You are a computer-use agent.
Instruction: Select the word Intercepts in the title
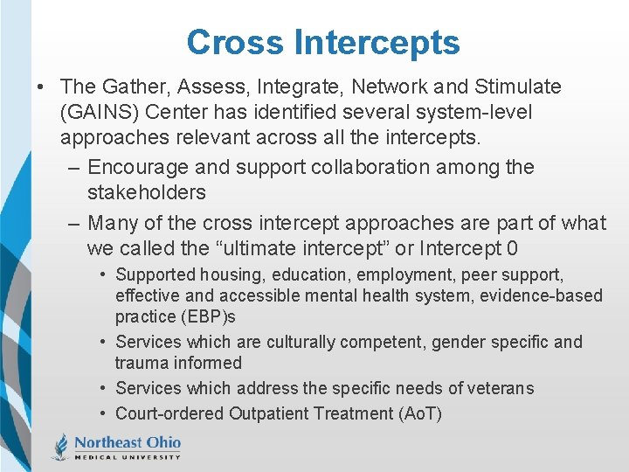click(x=377, y=42)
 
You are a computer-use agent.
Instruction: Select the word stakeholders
click(x=146, y=192)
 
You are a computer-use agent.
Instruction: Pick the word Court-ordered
click(x=170, y=413)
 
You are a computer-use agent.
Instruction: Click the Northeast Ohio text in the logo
click(x=127, y=441)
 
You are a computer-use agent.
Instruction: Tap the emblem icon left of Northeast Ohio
click(x=59, y=446)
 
